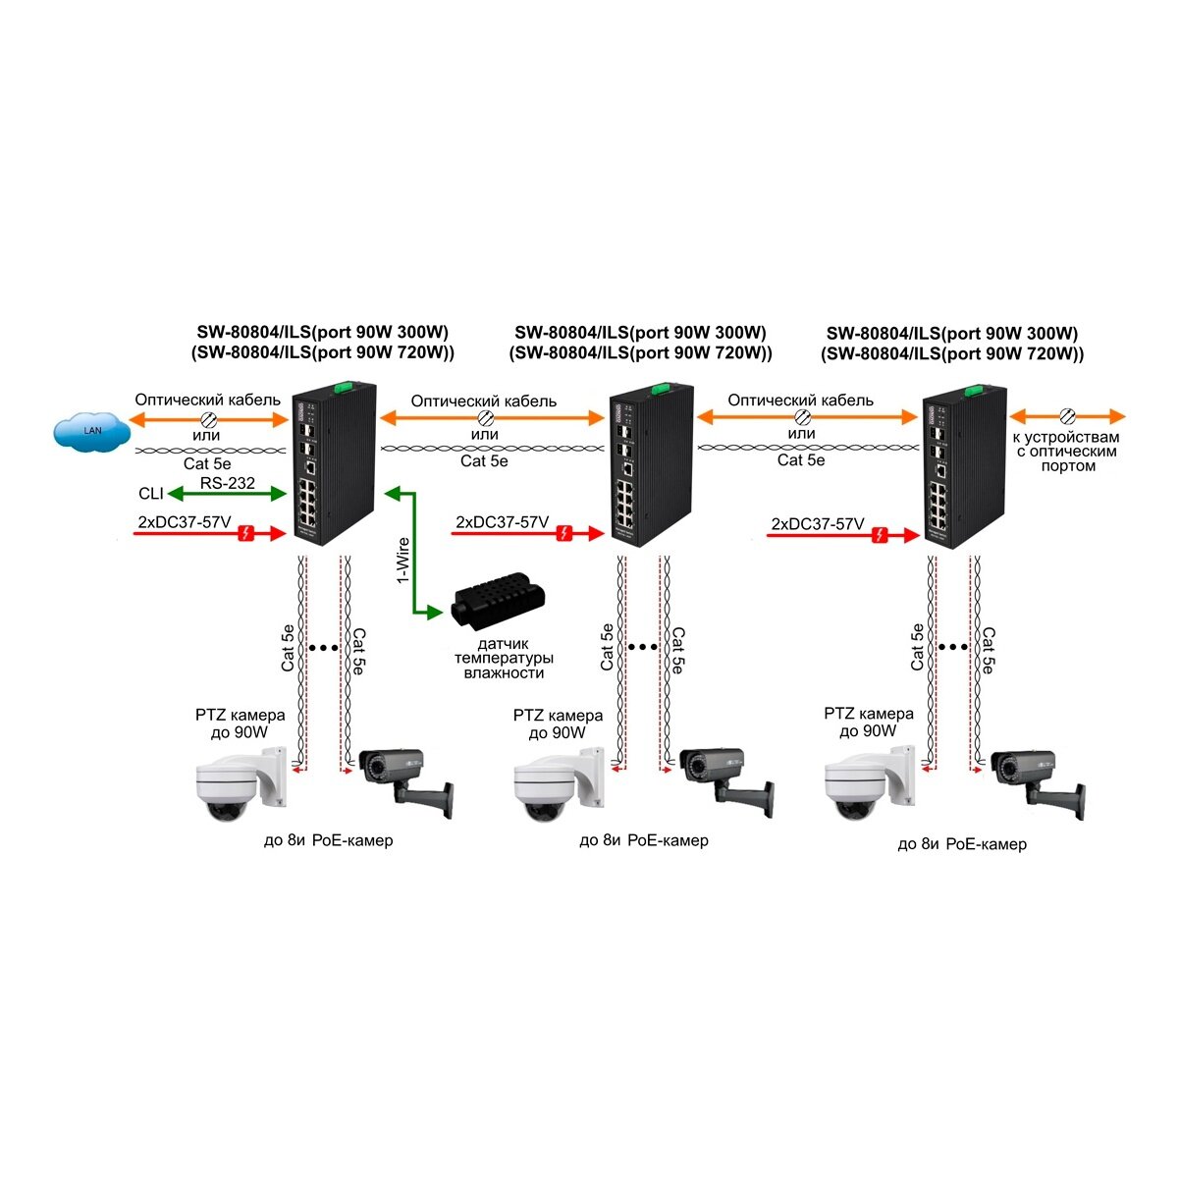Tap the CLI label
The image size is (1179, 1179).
coord(151,494)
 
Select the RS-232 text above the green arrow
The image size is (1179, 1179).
coord(227,483)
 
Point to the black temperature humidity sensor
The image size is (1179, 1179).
coord(498,607)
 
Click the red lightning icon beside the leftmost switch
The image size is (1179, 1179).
coord(249,533)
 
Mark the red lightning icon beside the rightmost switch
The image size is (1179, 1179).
coord(882,535)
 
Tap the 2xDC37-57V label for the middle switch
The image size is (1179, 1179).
coord(502,522)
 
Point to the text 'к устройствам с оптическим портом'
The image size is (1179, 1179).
coord(1068,452)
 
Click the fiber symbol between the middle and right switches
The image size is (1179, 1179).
coord(801,417)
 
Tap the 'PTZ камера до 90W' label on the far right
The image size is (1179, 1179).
coord(869,723)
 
